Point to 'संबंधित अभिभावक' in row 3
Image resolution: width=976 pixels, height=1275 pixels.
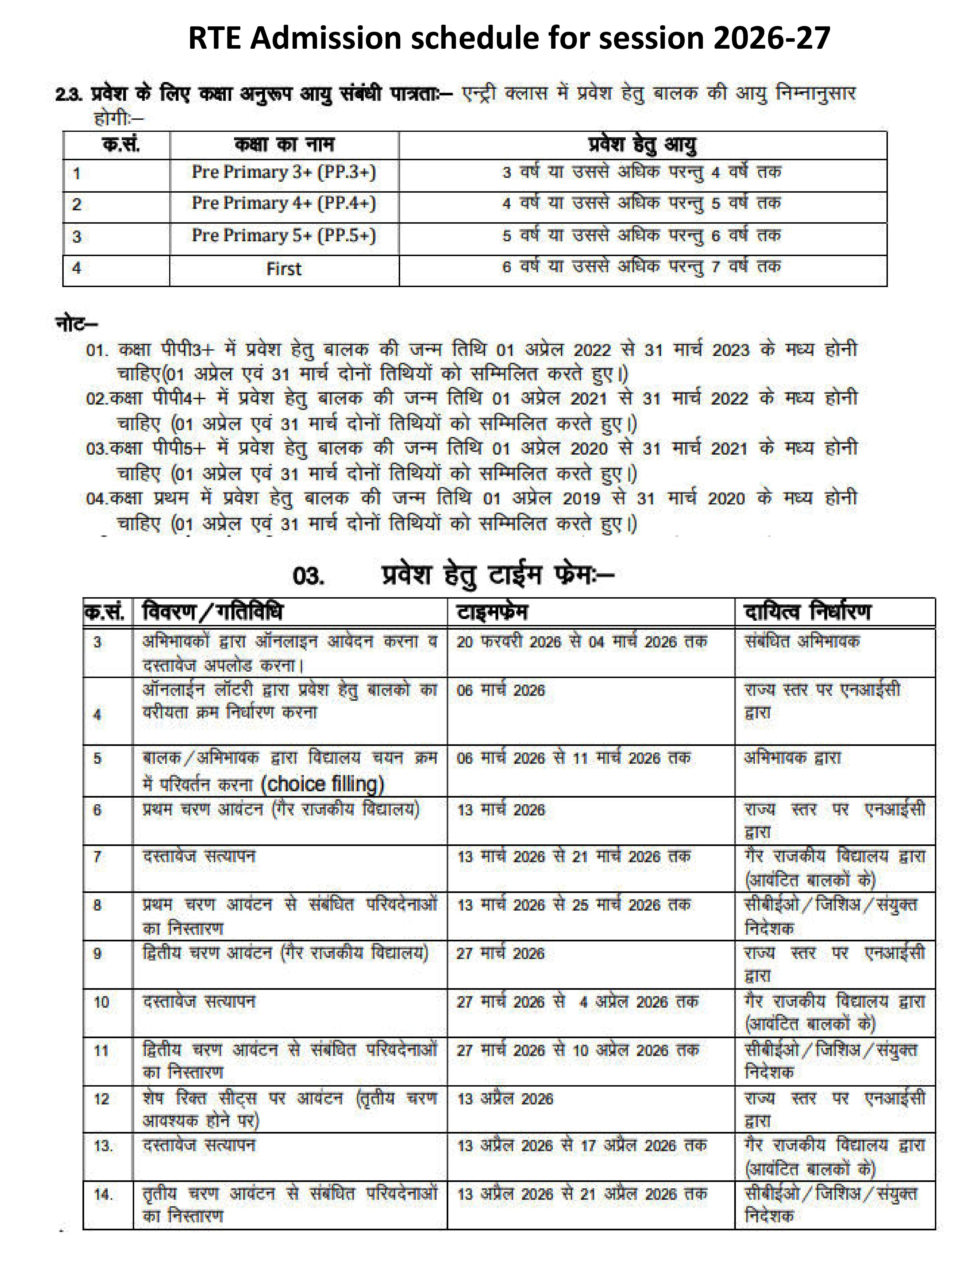[x=802, y=642]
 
